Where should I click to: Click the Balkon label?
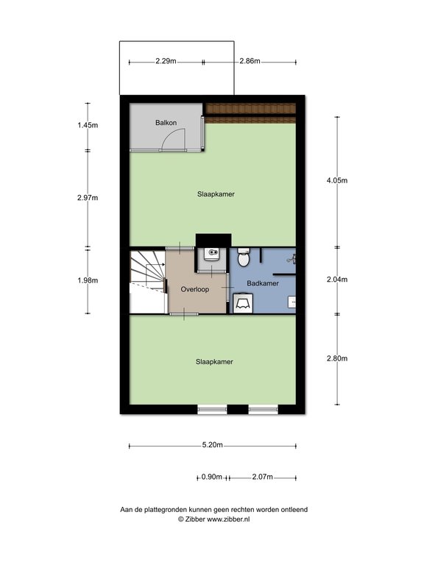166,123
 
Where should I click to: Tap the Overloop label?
194,289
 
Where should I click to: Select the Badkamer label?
263,283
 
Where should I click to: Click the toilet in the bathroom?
244,257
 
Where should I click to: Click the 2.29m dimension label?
166,61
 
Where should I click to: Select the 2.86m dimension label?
250,61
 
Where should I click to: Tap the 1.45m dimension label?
88,125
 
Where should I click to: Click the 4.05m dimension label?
337,180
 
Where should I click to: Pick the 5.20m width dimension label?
212,445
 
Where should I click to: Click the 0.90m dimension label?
212,477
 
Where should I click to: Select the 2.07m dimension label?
263,477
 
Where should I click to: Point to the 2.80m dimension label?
337,358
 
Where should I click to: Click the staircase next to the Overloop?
148,281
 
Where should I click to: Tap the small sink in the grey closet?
212,254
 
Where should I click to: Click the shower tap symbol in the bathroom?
292,259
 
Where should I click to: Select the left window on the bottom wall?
212,409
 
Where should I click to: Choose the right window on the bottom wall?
264,409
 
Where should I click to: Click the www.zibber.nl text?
228,519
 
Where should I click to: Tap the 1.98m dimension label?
88,280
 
